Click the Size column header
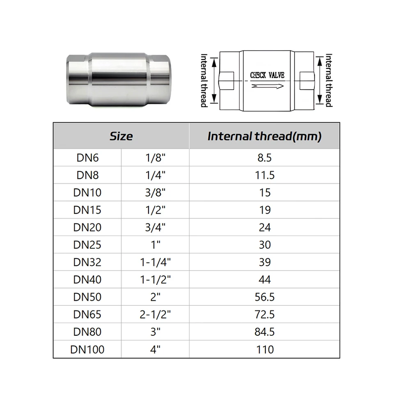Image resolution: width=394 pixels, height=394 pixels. [121, 136]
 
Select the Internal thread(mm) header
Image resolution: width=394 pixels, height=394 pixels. [264, 136]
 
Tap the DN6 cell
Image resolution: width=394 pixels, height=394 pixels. [87, 158]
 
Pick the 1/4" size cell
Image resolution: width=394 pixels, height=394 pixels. [155, 175]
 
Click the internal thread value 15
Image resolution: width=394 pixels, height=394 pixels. [265, 192]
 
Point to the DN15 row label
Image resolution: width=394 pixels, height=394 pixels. [87, 210]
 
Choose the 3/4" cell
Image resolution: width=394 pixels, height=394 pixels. [155, 227]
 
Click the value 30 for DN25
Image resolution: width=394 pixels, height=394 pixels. [265, 245]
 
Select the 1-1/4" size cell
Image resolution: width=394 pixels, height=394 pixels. [155, 262]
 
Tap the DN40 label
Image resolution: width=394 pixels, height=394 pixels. [87, 279]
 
